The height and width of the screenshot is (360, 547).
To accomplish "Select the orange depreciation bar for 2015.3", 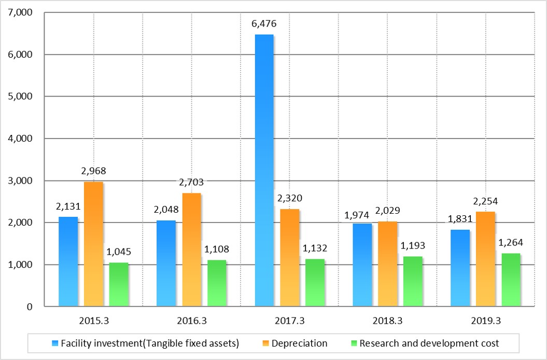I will (x=93, y=244).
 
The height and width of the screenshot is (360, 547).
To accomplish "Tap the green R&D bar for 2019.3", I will (x=511, y=280).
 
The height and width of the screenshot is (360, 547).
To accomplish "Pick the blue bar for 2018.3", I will (x=362, y=265).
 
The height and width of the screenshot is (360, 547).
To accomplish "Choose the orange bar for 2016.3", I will (x=191, y=250).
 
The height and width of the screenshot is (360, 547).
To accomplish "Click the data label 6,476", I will (x=264, y=25).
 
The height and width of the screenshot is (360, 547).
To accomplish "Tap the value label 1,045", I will (x=119, y=253).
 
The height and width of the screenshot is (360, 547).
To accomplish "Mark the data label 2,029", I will (x=388, y=212).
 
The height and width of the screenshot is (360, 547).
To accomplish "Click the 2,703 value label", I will (x=191, y=183).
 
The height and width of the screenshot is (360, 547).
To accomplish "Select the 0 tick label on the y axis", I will (x=29, y=307).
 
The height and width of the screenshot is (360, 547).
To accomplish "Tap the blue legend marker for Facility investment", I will (x=55, y=343).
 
